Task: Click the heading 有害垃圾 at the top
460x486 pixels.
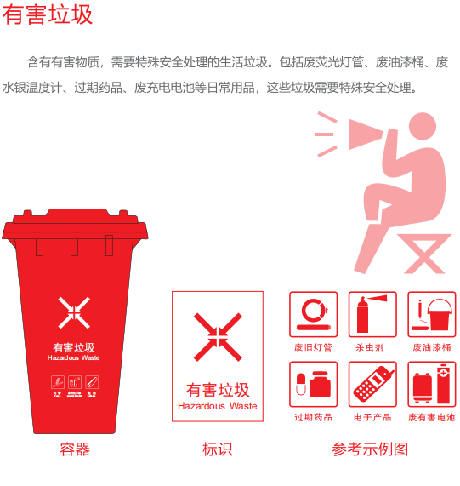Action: tap(48, 14)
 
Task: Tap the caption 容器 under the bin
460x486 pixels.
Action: tap(75, 449)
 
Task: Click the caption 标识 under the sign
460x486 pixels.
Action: tap(217, 449)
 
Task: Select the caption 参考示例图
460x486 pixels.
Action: tap(371, 449)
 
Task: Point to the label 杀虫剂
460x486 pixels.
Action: tap(370, 347)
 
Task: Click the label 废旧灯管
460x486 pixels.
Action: tap(313, 347)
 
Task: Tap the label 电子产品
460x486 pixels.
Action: tap(372, 417)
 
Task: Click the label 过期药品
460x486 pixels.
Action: tap(313, 417)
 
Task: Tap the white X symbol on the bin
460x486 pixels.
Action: tap(74, 312)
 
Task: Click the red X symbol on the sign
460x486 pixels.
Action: tap(218, 336)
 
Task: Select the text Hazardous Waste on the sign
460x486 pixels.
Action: tap(217, 406)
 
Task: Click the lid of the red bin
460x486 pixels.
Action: tap(75, 226)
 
